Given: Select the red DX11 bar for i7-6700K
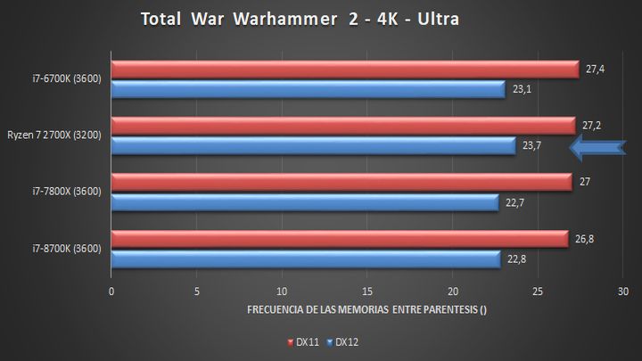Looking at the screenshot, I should (345, 70).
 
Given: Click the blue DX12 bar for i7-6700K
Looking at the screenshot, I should (308, 89).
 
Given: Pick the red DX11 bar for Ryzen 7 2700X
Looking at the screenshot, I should (343, 126).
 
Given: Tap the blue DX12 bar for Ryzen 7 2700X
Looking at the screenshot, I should (313, 145).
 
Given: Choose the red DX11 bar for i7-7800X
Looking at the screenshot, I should (342, 182).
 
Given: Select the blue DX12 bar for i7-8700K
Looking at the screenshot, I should (305, 258).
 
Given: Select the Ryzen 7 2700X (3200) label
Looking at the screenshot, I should (55, 135).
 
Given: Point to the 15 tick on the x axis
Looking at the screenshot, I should (367, 291).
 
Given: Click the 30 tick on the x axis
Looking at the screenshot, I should (622, 291).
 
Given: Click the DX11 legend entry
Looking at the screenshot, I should (300, 341).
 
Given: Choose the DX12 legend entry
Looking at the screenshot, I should (343, 341).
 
